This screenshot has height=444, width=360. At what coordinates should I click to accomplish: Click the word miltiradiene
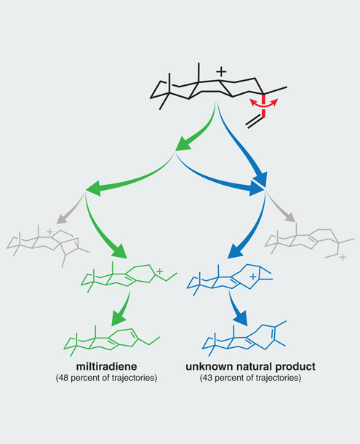click(106, 366)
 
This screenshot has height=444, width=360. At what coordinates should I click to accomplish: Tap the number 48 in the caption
click(64, 378)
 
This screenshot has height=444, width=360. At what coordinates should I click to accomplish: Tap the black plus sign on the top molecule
click(221, 71)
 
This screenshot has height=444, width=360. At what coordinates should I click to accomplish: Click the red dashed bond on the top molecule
click(263, 106)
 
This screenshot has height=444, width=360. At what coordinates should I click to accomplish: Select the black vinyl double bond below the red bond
click(255, 122)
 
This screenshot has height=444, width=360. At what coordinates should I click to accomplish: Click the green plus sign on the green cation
click(159, 271)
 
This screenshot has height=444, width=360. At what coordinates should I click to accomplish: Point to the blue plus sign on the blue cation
click(254, 277)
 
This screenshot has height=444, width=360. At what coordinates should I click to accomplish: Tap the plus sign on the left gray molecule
click(49, 232)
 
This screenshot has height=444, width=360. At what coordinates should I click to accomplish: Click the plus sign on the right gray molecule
click(343, 258)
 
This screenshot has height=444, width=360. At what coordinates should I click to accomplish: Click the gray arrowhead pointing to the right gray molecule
click(291, 218)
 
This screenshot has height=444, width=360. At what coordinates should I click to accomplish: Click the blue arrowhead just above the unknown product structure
click(241, 317)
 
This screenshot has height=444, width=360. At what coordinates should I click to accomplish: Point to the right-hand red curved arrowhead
click(275, 102)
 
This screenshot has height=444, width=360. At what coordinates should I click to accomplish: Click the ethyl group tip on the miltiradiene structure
click(160, 337)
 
